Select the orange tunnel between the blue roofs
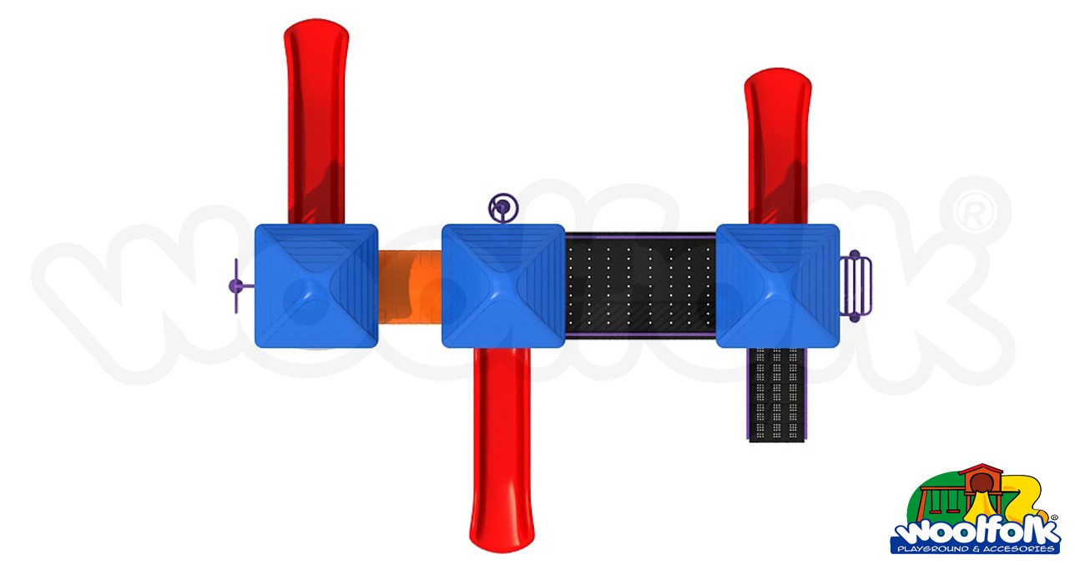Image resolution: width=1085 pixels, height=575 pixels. coord(409,285)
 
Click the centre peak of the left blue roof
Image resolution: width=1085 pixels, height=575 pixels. coord(315,285)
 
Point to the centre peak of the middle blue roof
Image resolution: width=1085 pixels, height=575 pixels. coord(502,285)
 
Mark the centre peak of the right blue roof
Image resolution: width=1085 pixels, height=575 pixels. coord(778,285)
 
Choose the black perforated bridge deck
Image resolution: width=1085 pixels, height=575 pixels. coord(640,285)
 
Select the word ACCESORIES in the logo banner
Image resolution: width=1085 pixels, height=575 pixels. coord(1022,549)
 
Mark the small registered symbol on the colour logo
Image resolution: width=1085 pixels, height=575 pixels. coord(1053,518)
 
